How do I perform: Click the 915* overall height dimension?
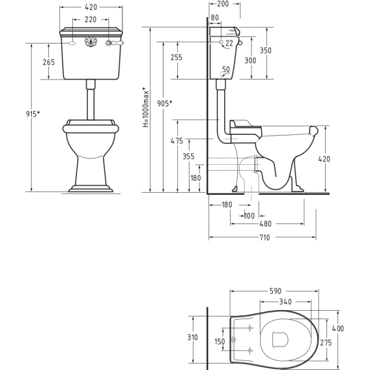(x=33, y=114)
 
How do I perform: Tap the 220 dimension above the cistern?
(x=91, y=20)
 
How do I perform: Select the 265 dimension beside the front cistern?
(x=49, y=62)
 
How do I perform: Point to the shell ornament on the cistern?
(x=91, y=42)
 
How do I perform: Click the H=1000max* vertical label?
(x=146, y=107)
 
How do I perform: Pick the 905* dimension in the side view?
(x=164, y=103)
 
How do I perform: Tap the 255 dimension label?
(x=177, y=57)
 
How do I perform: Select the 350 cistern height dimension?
(x=266, y=50)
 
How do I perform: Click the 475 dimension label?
(x=177, y=141)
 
